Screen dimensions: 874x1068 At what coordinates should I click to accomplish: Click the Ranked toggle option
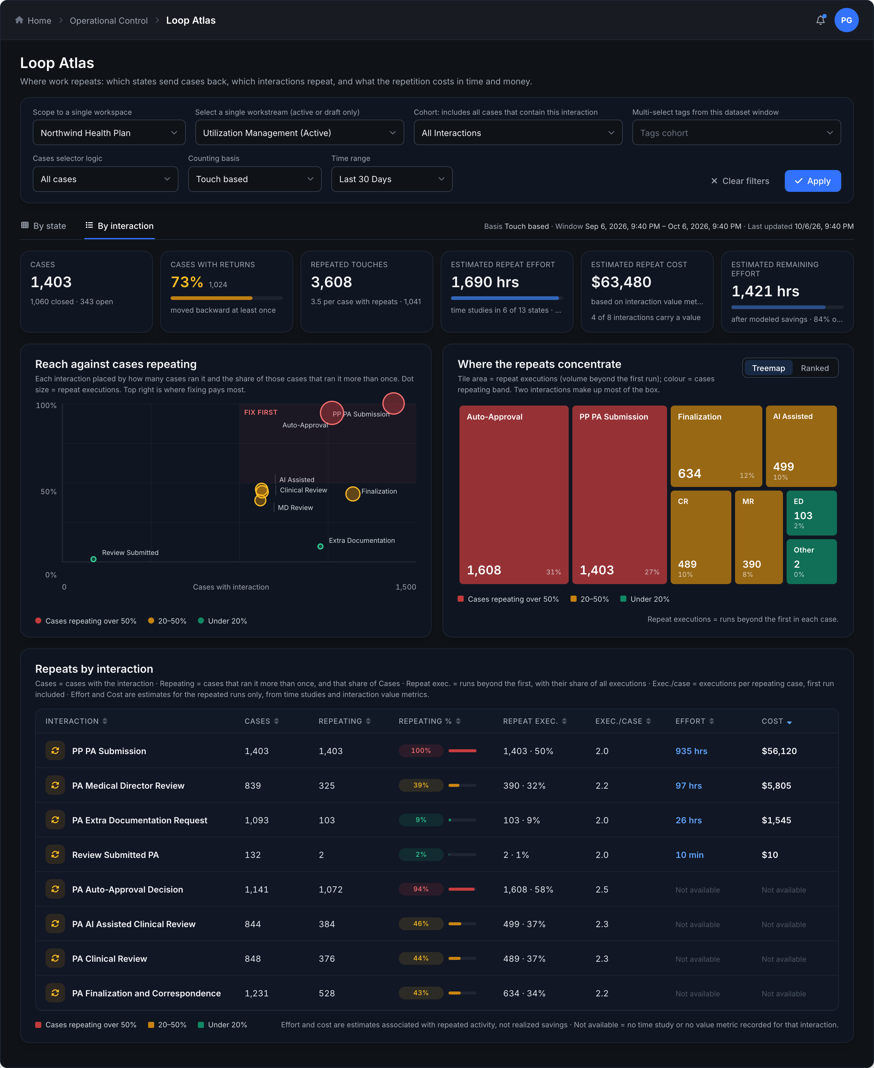(814, 368)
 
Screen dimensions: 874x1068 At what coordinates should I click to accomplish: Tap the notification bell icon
(820, 20)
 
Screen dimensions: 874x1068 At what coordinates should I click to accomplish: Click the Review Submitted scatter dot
(93, 559)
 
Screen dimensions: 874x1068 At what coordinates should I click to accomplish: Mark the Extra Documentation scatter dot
(320, 546)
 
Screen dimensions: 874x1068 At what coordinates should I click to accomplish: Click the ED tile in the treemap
(811, 513)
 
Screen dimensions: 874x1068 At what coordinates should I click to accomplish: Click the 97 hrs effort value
(688, 785)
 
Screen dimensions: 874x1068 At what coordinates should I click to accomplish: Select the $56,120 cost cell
(779, 751)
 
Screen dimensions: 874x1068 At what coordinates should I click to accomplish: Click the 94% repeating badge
(421, 889)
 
